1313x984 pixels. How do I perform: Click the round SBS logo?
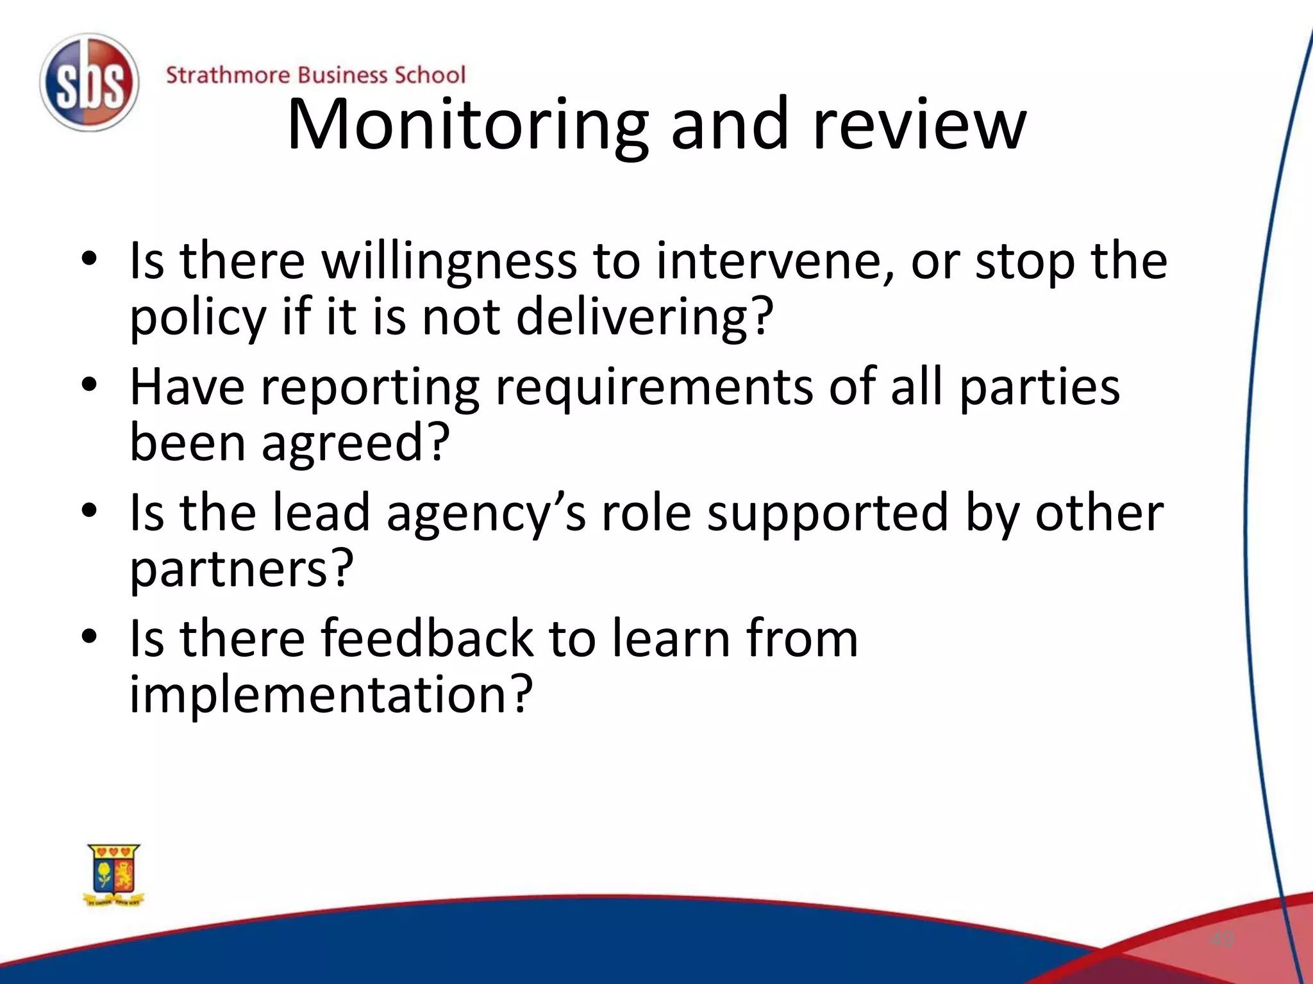[89, 83]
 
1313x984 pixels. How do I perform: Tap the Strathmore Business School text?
[315, 75]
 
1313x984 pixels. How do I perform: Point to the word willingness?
[449, 262]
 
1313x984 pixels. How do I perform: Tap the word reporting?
[370, 388]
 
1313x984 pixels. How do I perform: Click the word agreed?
[355, 443]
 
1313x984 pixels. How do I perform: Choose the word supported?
[828, 514]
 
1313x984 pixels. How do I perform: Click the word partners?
[241, 569]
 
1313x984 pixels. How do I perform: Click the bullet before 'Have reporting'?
[89, 384]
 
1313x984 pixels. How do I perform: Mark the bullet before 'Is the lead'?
[89, 510]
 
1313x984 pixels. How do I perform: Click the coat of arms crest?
[114, 875]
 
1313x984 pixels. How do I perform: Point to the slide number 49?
[1221, 940]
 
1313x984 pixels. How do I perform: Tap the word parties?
[1039, 388]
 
